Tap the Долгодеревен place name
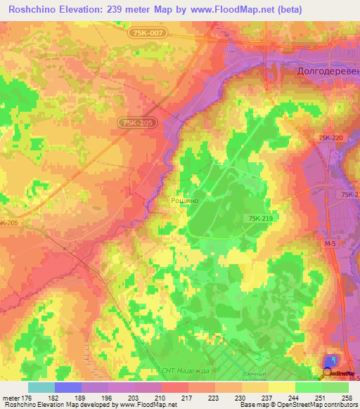(323, 72)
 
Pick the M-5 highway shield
(330, 242)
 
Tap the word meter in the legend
(11, 398)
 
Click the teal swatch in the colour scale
(41, 387)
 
